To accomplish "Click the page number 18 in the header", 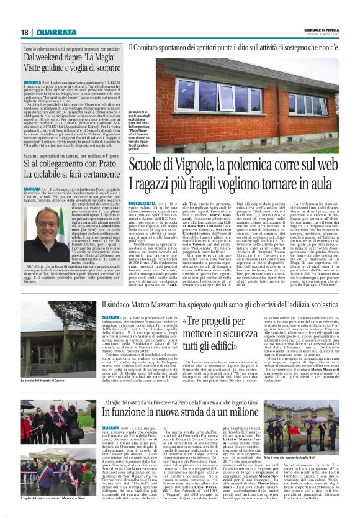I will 25,32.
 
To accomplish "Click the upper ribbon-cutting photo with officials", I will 43,425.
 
